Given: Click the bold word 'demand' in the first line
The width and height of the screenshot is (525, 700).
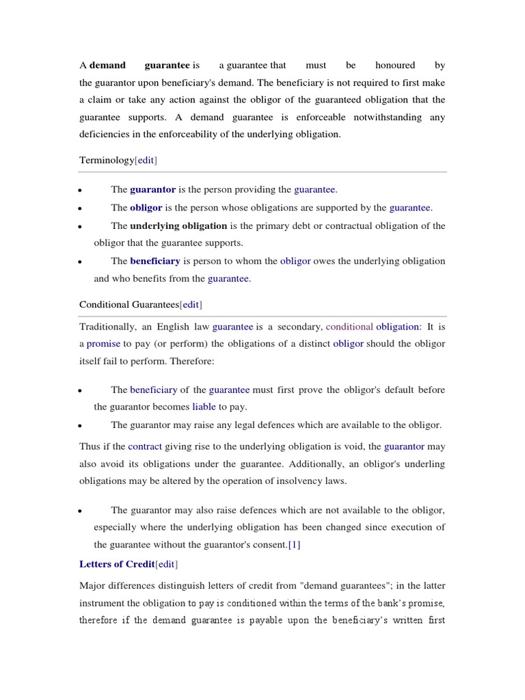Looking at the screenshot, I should click(108, 66).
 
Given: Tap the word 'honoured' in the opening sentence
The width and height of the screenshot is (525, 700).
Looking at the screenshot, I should click(395, 66).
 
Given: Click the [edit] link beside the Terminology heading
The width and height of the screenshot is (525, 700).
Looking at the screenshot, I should click(146, 160).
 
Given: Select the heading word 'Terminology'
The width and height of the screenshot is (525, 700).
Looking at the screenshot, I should click(107, 160).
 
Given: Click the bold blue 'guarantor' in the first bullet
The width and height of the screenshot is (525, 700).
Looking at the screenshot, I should click(152, 189).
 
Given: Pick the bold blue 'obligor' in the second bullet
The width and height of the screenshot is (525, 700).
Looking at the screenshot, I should click(146, 208).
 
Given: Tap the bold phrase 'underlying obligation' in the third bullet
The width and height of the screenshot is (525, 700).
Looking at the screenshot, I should click(178, 226).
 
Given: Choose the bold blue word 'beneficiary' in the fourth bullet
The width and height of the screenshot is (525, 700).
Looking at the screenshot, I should click(155, 261).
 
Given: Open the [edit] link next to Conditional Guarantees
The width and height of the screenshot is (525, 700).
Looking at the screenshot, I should click(191, 304).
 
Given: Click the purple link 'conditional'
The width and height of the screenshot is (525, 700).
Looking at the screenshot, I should click(349, 327).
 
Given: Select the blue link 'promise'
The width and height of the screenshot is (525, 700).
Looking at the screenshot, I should click(103, 344).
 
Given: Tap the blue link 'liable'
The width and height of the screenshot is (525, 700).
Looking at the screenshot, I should click(204, 407).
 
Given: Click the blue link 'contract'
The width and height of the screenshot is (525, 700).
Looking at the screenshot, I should click(145, 446).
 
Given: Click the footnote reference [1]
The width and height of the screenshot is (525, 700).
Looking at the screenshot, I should click(294, 545).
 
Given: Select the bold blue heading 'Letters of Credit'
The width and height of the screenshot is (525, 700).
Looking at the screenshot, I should click(117, 564).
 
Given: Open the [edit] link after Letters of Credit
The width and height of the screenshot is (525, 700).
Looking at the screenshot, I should click(167, 564).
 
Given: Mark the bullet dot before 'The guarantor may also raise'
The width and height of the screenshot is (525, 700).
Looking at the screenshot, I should click(81, 511).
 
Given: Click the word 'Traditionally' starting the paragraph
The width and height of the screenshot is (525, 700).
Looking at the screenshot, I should click(107, 327).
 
